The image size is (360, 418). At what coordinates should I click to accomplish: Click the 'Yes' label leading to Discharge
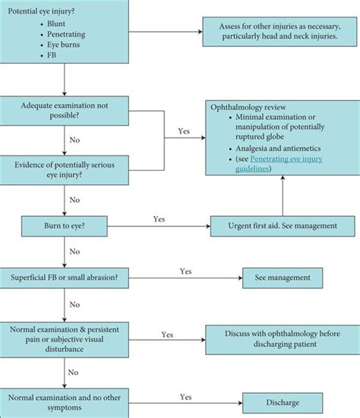185,395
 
